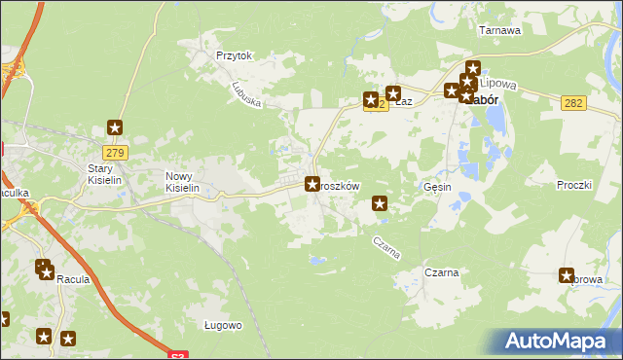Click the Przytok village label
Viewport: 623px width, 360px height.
[235, 55]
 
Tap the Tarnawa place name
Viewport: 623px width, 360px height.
[500, 30]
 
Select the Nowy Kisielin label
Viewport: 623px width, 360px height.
[182, 182]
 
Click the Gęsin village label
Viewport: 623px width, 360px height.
[438, 186]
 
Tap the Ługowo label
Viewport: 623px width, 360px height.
[223, 325]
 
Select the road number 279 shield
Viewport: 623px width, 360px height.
[115, 152]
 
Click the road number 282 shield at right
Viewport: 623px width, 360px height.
[574, 103]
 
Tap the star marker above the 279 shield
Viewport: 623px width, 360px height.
[115, 127]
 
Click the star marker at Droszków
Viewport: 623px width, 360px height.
[312, 183]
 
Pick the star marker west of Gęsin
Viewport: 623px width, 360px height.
[380, 203]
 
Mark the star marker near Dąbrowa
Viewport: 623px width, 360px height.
[568, 275]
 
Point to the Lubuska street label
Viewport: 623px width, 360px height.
[247, 93]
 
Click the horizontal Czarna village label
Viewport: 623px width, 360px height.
[442, 272]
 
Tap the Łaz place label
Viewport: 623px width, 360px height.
[406, 101]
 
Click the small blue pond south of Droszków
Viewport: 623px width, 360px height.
[317, 260]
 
